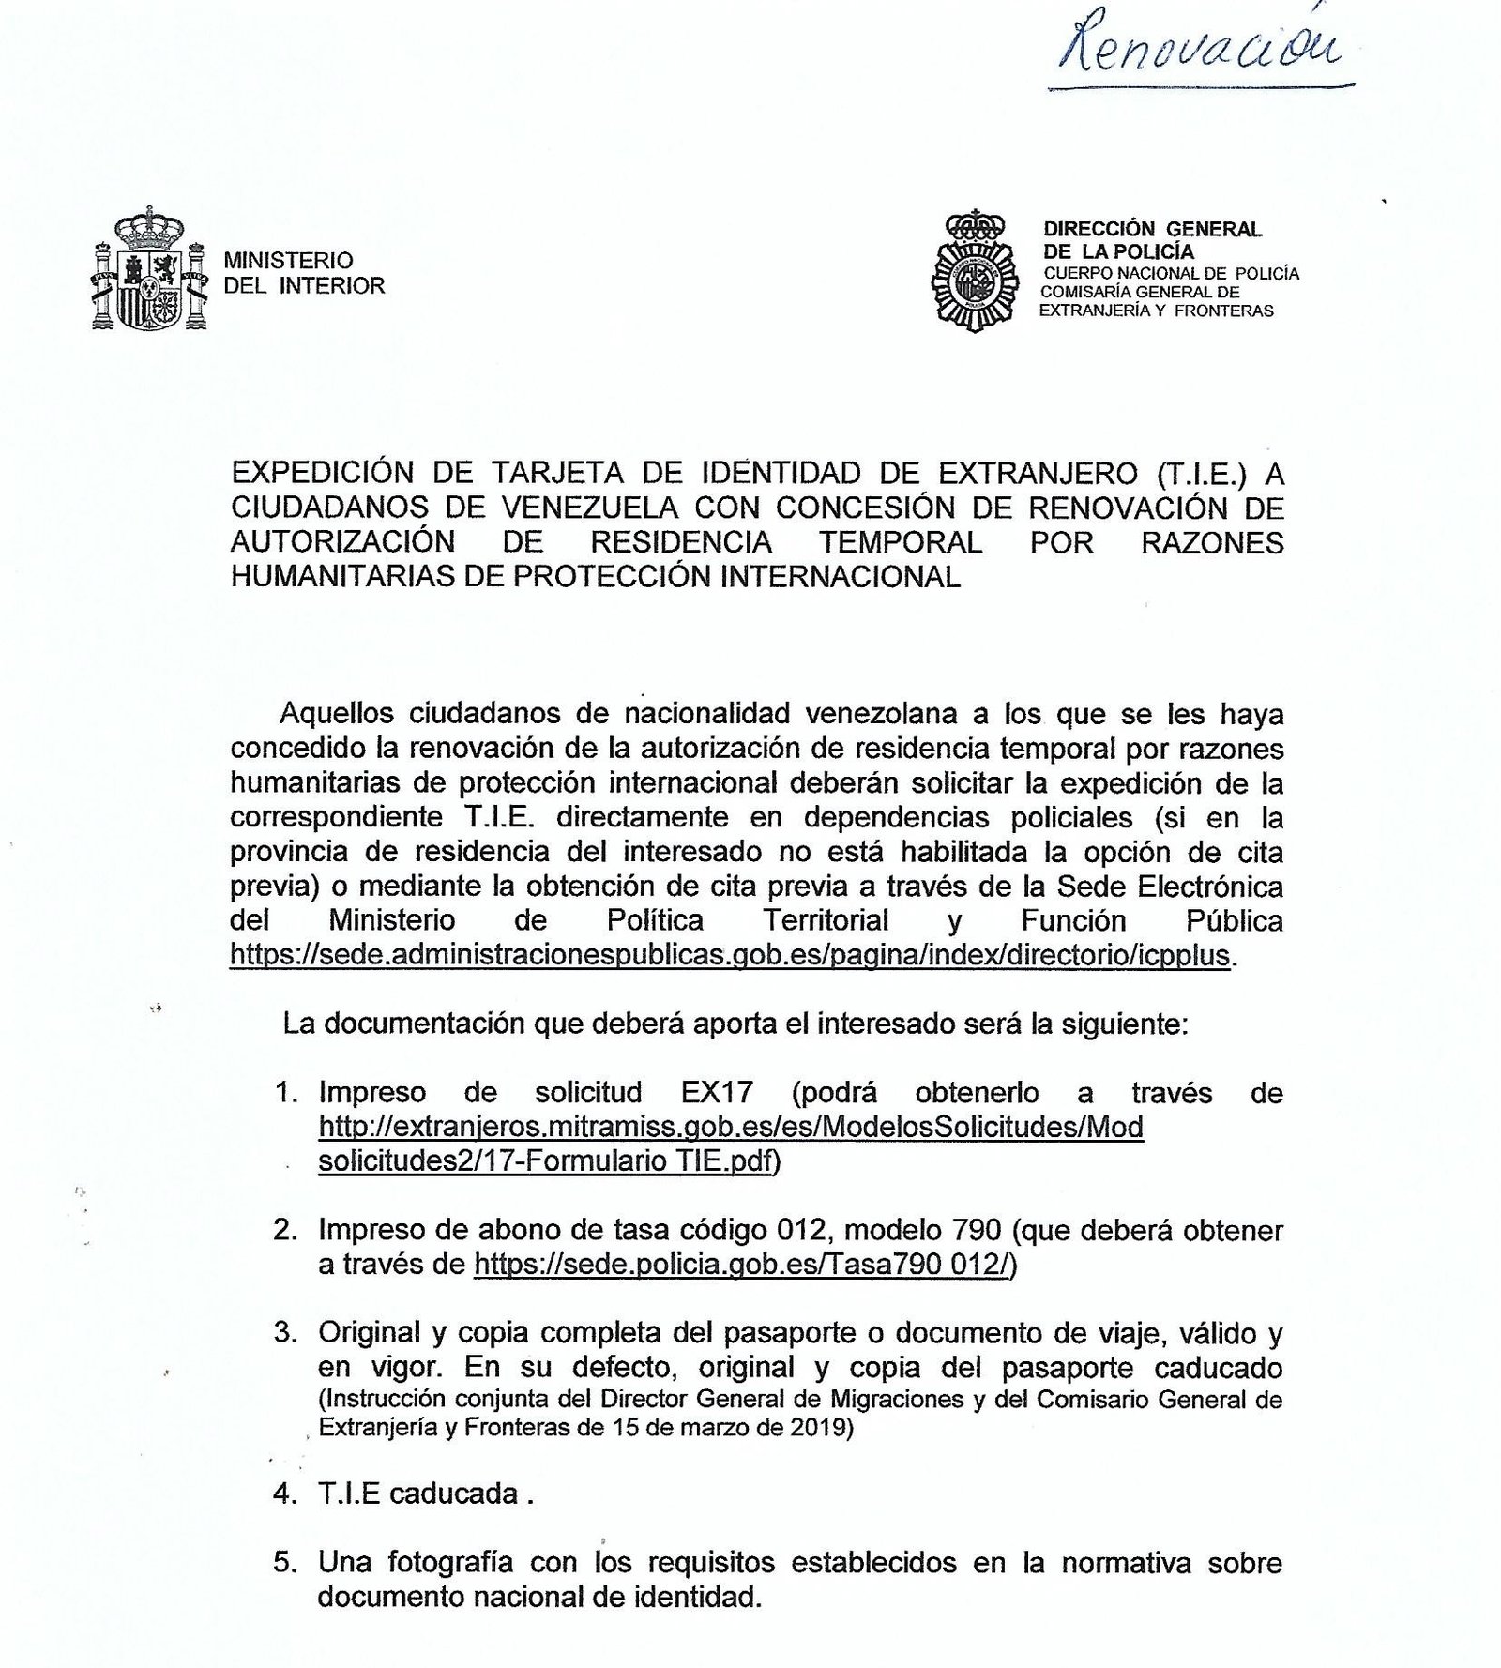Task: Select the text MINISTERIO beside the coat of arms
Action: coord(288,260)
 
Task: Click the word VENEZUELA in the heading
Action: coord(589,508)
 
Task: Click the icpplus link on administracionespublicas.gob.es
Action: coord(730,955)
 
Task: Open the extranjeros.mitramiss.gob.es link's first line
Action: coord(731,1127)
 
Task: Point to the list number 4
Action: coord(284,1494)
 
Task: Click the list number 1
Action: coord(285,1093)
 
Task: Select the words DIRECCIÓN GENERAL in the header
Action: coord(1152,229)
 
